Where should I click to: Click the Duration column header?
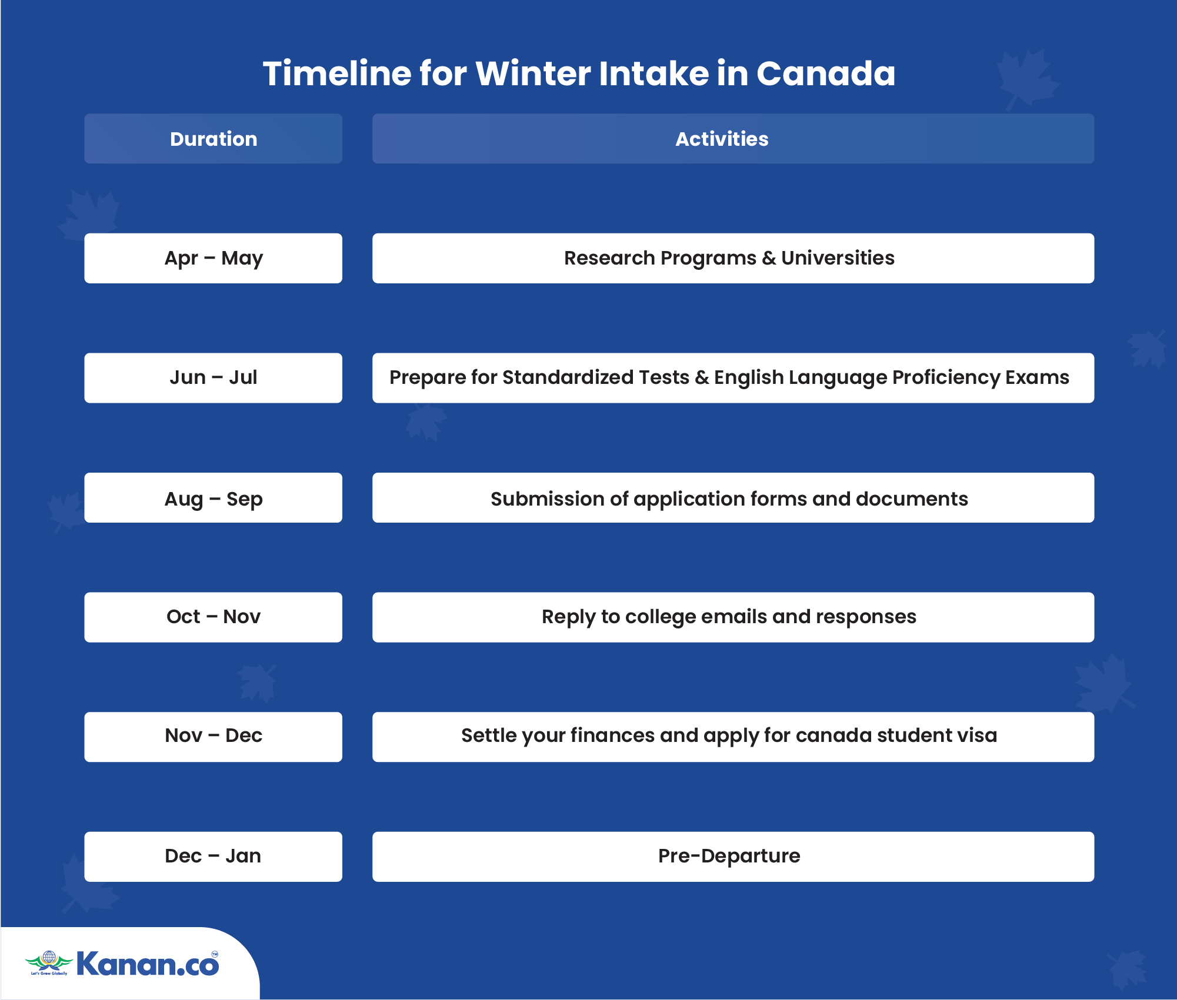point(213,139)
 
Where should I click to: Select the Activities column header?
point(733,139)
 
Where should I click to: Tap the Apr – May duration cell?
point(213,258)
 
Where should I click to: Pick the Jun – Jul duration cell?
point(213,378)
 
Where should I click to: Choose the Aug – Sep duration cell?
point(213,498)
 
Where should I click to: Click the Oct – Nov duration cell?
point(213,617)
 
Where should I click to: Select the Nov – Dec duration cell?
point(213,737)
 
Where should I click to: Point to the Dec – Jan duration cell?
point(213,857)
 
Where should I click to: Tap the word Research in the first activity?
point(609,258)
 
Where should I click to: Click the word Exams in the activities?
point(1037,377)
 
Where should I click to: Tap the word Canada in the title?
point(826,73)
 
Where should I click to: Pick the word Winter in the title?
point(533,73)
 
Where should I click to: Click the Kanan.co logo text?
point(148,964)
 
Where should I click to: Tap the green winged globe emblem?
point(49,962)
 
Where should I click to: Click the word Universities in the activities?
point(838,258)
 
